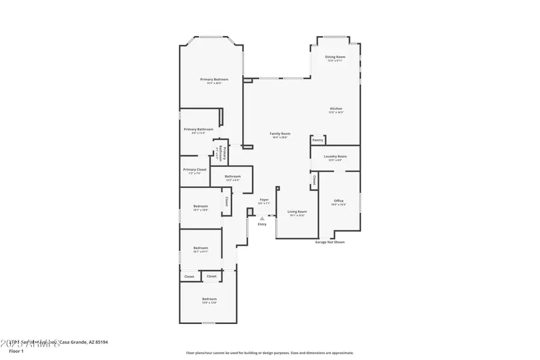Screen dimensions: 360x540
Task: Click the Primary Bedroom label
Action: [214, 80]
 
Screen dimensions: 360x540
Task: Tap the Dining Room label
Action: [335, 57]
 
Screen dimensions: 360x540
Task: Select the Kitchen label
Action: [335, 109]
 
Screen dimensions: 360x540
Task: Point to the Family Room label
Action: [280, 133]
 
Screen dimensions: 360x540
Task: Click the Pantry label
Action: [318, 140]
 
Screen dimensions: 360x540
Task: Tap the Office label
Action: [338, 201]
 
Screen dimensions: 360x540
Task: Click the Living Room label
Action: [297, 212]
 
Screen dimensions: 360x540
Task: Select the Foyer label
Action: [264, 199]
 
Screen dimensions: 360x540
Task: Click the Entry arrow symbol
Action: [262, 219]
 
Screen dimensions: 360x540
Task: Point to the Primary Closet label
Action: [194, 170]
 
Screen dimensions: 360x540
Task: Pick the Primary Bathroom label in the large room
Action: [198, 130]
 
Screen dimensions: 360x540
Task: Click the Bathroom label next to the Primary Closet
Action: [232, 176]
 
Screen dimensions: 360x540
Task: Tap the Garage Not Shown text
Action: [330, 242]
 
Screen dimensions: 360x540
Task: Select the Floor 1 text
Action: [16, 350]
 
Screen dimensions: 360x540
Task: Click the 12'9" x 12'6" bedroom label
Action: [209, 299]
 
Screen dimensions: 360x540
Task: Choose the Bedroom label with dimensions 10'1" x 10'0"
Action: [200, 206]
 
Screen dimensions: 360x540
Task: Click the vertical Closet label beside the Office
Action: [314, 179]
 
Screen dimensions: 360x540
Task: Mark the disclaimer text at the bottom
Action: [269, 353]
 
